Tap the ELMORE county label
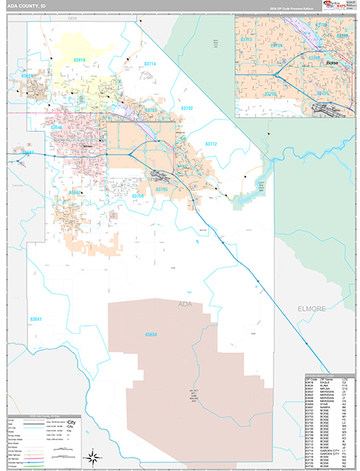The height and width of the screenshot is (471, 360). click(x=311, y=309)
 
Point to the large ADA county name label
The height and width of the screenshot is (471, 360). click(x=185, y=303)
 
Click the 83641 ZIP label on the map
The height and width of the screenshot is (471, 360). click(x=36, y=319)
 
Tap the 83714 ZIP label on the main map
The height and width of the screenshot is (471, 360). click(x=150, y=64)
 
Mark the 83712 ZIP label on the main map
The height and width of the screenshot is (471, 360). click(x=211, y=144)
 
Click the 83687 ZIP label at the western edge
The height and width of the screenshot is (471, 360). click(x=29, y=153)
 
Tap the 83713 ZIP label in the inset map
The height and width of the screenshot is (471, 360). click(x=246, y=38)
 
